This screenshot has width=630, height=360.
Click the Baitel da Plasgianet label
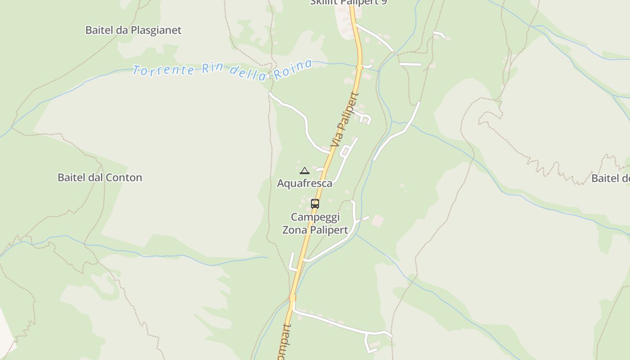[x=133, y=30]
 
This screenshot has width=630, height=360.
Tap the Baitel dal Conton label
[x=99, y=177]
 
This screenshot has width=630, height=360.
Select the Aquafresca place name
[x=305, y=183]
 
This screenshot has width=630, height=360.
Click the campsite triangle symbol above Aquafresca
[x=305, y=171]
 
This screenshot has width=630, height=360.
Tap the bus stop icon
[x=315, y=203]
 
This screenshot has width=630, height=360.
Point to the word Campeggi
[x=315, y=217]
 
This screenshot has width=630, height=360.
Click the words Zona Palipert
[x=315, y=230]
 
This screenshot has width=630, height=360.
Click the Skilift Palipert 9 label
[x=348, y=2]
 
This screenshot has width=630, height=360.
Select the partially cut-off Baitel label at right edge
[x=611, y=178]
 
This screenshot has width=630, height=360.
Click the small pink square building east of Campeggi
[x=378, y=221]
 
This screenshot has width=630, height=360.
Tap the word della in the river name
[x=248, y=72]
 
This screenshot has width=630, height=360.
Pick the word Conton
[x=124, y=177]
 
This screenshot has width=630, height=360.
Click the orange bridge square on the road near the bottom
[x=292, y=297]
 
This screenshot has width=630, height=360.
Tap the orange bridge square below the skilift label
[x=359, y=67]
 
